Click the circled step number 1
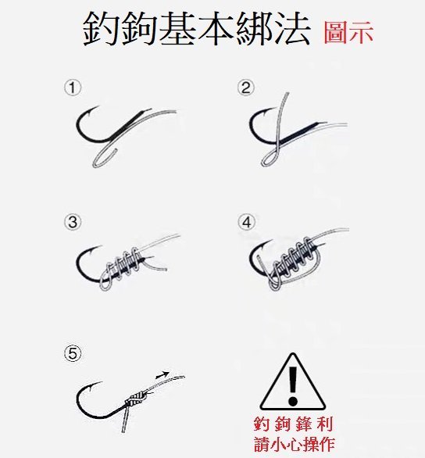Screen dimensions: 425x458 click(x=73, y=88)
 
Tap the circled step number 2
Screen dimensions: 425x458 click(x=246, y=88)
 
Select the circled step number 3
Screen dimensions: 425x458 click(x=73, y=222)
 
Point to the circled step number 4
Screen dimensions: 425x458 click(x=246, y=222)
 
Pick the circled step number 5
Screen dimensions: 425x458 click(x=73, y=354)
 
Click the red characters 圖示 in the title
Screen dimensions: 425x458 click(x=348, y=32)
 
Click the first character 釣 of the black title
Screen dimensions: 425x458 click(x=101, y=29)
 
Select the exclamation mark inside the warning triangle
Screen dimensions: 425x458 click(x=292, y=386)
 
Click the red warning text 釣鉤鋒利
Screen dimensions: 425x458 click(x=293, y=424)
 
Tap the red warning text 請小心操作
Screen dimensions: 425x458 click(x=294, y=444)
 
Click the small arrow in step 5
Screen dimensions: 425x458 click(x=162, y=375)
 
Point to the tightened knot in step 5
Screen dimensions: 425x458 click(x=137, y=399)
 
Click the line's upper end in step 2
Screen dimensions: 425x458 click(x=287, y=94)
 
